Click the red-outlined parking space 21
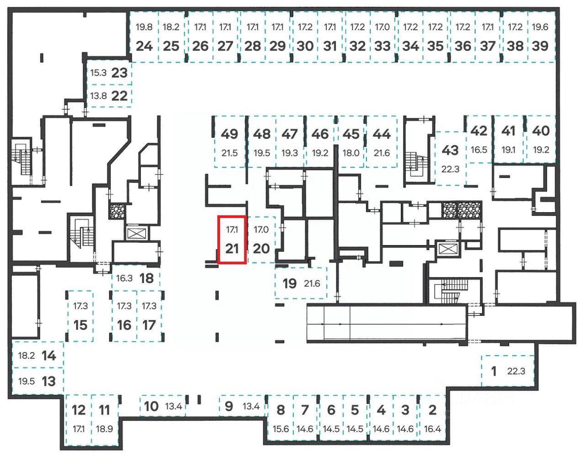(232, 240)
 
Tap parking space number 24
(144, 46)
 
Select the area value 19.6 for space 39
(540, 27)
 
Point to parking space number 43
(450, 150)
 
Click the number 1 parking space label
(494, 371)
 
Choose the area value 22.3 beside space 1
(516, 371)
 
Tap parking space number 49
(229, 134)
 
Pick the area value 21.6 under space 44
(382, 153)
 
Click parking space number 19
(289, 283)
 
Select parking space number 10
(151, 406)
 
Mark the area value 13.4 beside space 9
(251, 406)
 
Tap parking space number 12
(79, 410)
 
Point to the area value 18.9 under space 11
(104, 429)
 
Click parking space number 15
(80, 325)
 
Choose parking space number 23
(119, 72)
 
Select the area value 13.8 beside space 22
(98, 96)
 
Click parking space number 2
(432, 410)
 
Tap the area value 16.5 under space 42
(479, 149)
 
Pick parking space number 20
(261, 248)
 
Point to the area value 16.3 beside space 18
(124, 278)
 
